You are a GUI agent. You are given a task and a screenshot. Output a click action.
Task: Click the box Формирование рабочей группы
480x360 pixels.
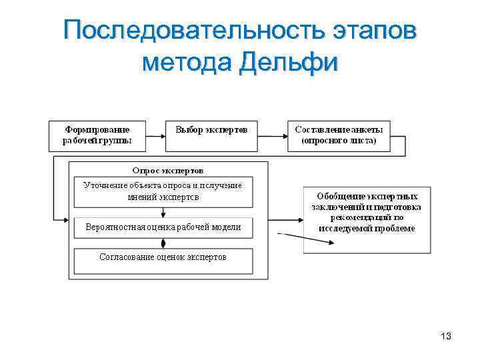coord(97,135)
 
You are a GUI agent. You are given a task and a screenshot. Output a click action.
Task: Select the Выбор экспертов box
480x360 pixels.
coord(212,135)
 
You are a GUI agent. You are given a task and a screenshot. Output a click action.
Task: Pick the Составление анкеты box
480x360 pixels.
coord(339,135)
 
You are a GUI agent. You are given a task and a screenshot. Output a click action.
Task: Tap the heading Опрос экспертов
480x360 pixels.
coord(168,171)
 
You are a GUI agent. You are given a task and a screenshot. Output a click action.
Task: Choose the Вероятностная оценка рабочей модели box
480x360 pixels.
coord(163,228)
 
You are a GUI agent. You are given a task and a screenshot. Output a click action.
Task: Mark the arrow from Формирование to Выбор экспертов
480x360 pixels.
coord(155,136)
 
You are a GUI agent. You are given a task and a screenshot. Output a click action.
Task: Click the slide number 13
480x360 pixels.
coord(446,337)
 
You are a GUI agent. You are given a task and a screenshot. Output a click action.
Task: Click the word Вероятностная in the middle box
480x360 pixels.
coord(114,228)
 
